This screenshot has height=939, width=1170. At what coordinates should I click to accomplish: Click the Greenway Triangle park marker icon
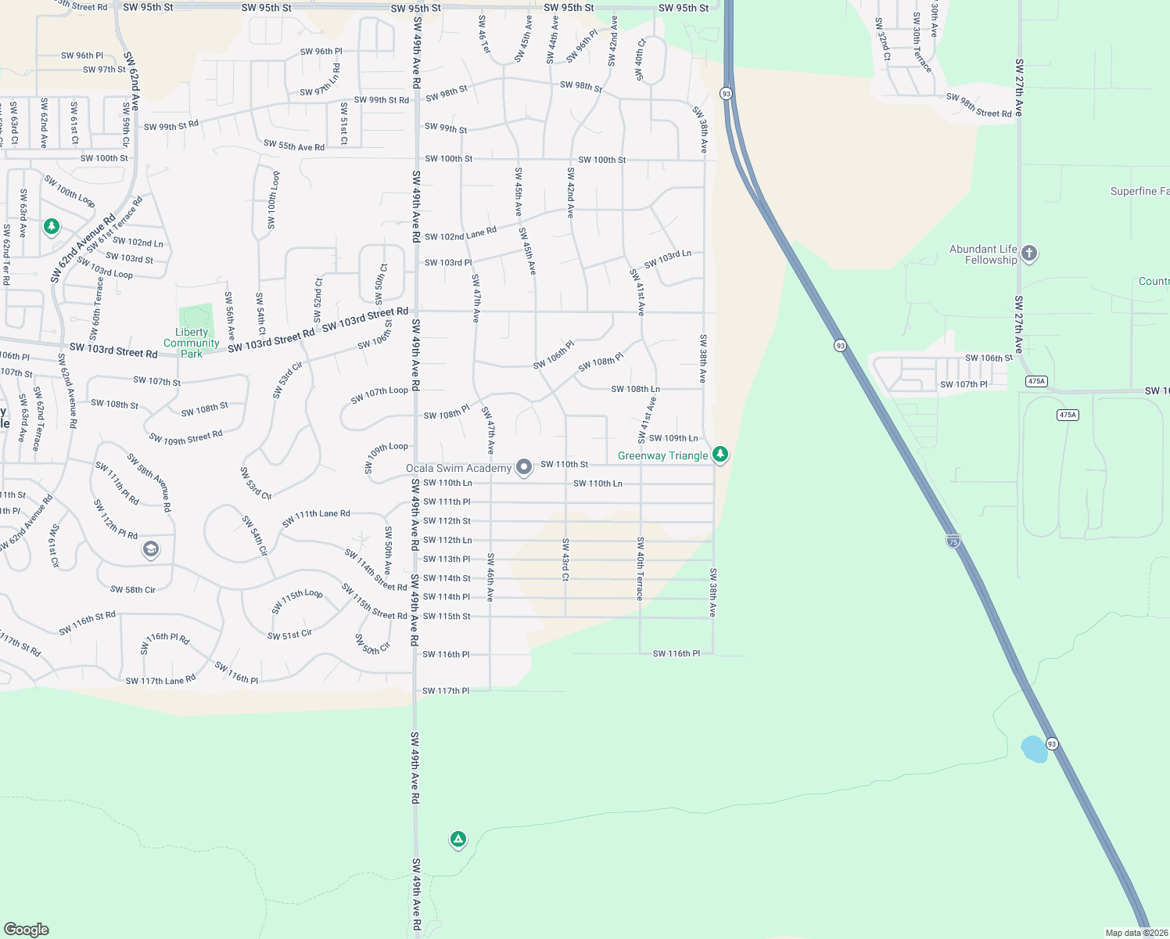(x=720, y=454)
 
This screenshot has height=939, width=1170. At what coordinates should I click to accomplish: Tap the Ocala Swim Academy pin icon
(x=524, y=467)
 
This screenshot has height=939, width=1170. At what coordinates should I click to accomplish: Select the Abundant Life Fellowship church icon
(x=1029, y=253)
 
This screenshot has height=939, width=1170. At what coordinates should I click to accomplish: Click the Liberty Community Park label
(x=192, y=343)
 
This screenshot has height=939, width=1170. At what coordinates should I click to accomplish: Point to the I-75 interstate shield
(x=953, y=541)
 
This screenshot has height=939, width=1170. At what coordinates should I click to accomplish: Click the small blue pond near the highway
(x=1034, y=749)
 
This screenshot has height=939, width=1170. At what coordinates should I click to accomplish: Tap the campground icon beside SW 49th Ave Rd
(x=458, y=840)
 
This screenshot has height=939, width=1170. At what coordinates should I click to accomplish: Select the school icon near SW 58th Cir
(x=151, y=549)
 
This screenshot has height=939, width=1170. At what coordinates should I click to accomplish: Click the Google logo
(x=27, y=929)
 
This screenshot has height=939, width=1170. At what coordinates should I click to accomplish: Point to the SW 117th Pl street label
(x=446, y=691)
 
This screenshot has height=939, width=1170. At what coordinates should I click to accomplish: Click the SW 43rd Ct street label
(x=565, y=559)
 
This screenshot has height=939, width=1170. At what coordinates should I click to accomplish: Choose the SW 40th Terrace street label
(x=640, y=568)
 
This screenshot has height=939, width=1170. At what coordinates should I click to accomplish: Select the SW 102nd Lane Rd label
(x=461, y=234)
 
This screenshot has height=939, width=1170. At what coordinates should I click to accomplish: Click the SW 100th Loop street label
(x=273, y=200)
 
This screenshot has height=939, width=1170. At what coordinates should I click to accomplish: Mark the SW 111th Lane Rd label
(x=316, y=517)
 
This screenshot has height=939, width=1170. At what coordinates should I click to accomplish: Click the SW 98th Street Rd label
(x=978, y=106)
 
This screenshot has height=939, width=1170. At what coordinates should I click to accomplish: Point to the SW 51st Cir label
(x=289, y=635)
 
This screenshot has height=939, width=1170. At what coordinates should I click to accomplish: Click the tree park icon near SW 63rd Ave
(x=52, y=226)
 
